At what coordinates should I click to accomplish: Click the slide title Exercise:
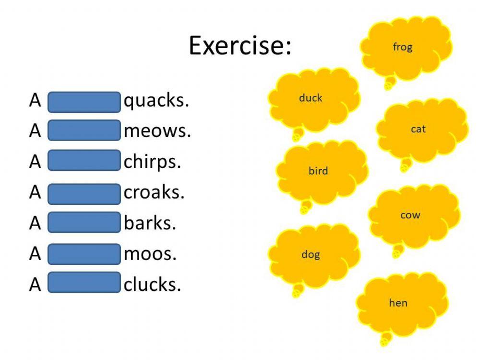(x=240, y=46)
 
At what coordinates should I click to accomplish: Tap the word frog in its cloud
(x=402, y=47)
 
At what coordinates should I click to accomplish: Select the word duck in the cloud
(x=311, y=98)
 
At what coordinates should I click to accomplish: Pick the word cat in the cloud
(x=418, y=129)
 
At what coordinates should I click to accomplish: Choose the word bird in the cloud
(x=318, y=170)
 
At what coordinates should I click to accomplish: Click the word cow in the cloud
(x=410, y=215)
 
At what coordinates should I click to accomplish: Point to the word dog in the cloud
(x=311, y=254)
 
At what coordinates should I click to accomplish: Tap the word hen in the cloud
(x=398, y=303)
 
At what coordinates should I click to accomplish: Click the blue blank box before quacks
(x=84, y=102)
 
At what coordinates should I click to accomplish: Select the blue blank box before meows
(x=84, y=131)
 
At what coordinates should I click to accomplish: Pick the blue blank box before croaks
(x=84, y=193)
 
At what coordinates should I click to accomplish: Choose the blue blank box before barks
(x=84, y=223)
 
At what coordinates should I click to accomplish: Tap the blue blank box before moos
(x=84, y=253)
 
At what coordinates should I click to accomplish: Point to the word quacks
(x=156, y=102)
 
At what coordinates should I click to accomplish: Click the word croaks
(x=154, y=193)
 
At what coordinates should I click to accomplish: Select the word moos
(x=150, y=253)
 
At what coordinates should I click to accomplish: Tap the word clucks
(x=153, y=284)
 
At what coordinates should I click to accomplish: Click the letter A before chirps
(x=35, y=162)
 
